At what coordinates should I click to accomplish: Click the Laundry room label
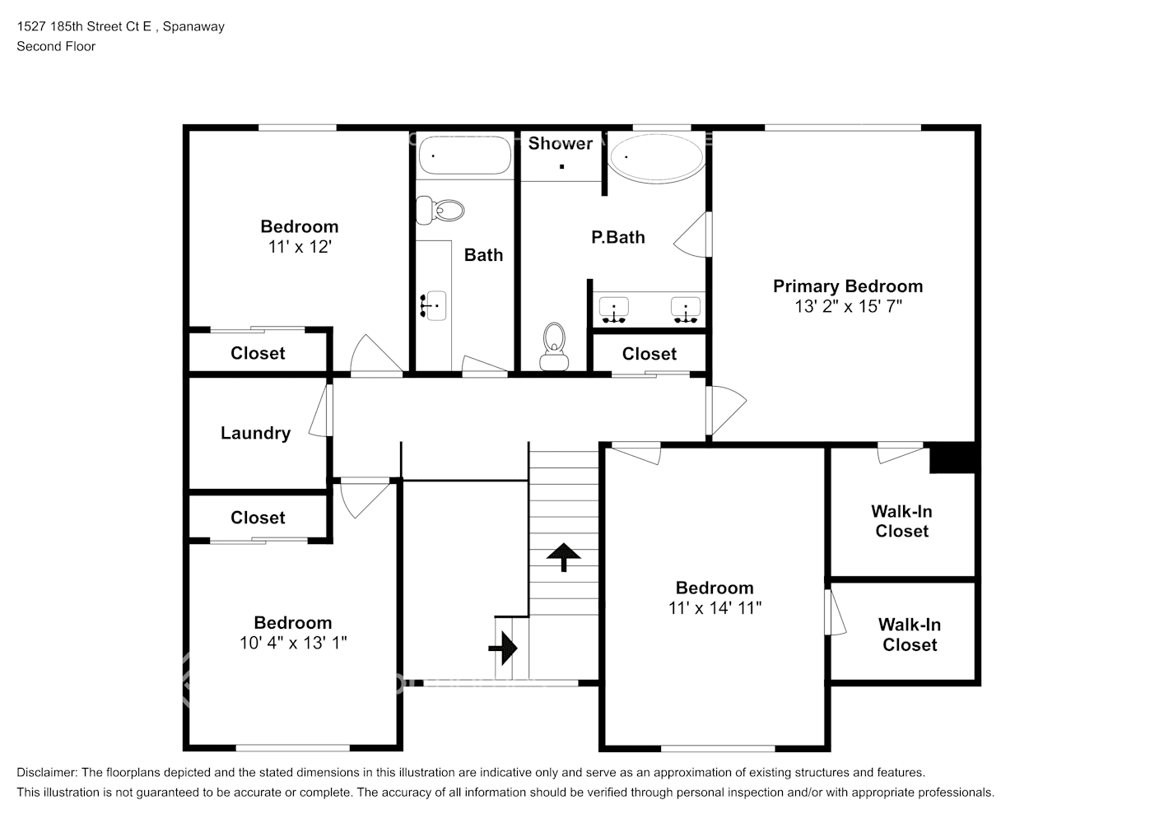tap(255, 434)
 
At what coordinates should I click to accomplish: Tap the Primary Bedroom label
tap(848, 286)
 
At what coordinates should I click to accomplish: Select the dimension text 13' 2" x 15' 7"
tap(848, 306)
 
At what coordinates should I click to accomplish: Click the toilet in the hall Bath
tap(440, 211)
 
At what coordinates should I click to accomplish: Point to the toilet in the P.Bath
tap(554, 346)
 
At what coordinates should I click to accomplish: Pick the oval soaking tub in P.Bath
tap(657, 157)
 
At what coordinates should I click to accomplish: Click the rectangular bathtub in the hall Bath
tap(465, 155)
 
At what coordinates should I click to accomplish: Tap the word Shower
tap(560, 143)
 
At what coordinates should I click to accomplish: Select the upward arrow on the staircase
tap(563, 557)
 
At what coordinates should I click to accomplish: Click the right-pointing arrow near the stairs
tap(503, 648)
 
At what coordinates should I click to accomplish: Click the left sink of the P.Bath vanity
tap(614, 309)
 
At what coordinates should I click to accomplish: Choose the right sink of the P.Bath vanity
tap(686, 309)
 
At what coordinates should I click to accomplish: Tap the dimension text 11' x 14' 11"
tap(715, 608)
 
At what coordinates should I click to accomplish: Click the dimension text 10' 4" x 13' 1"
tap(293, 643)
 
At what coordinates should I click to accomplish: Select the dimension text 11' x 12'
tap(300, 247)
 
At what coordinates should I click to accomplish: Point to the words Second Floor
tap(56, 46)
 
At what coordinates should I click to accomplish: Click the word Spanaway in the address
tap(193, 26)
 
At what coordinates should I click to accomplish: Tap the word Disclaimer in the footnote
tap(47, 773)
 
